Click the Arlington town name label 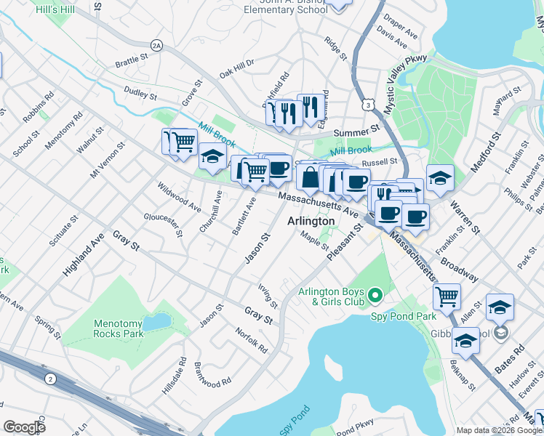pyautogui.click(x=311, y=221)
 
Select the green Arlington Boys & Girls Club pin pyautogui.click(x=375, y=295)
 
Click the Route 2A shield pyautogui.click(x=155, y=45)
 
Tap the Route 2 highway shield pyautogui.click(x=49, y=379)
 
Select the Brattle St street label pyautogui.click(x=131, y=64)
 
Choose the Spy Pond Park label pyautogui.click(x=404, y=316)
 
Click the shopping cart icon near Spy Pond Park pyautogui.click(x=446, y=295)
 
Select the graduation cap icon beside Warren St pyautogui.click(x=440, y=177)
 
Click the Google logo pyautogui.click(x=24, y=427)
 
